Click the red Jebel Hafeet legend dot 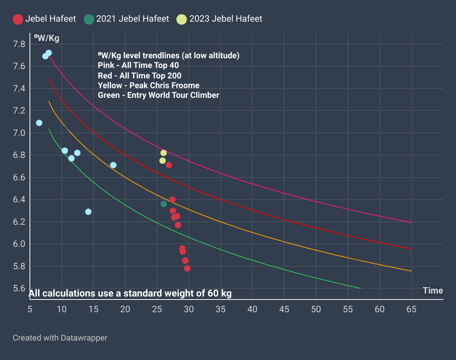tap(18, 19)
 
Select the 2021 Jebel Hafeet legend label tap(132, 19)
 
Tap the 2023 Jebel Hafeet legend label tap(226, 19)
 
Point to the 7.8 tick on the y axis tap(19, 44)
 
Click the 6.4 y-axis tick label tap(19, 200)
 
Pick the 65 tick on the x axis tap(412, 309)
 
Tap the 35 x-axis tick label tap(221, 309)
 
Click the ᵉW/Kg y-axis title tap(46, 38)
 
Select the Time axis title tap(433, 291)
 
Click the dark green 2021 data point tap(164, 204)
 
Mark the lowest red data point tap(187, 268)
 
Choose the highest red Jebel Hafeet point tap(169, 165)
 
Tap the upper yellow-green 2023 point tap(163, 153)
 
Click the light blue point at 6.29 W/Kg tap(88, 212)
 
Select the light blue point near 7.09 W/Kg tap(39, 123)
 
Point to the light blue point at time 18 tap(113, 165)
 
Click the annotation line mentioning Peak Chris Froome tap(148, 85)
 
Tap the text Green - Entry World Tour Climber tap(158, 95)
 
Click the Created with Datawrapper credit tap(60, 338)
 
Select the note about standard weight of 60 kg tap(130, 294)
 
